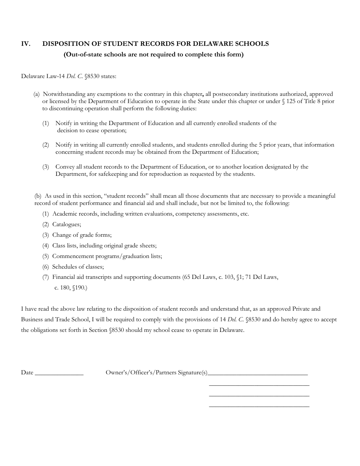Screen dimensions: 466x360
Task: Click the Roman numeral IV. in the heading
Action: click(26, 44)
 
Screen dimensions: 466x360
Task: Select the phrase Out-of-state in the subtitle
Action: click(83, 55)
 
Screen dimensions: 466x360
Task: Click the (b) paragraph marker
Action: click(38, 196)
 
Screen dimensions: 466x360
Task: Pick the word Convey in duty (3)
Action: click(64, 167)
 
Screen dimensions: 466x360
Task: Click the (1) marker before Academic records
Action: click(45, 214)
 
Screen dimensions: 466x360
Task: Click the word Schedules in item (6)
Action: click(65, 267)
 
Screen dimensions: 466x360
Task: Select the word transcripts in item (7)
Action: click(94, 277)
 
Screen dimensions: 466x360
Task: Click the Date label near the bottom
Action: click(27, 373)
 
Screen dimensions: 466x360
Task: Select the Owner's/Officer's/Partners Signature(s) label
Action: click(157, 373)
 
